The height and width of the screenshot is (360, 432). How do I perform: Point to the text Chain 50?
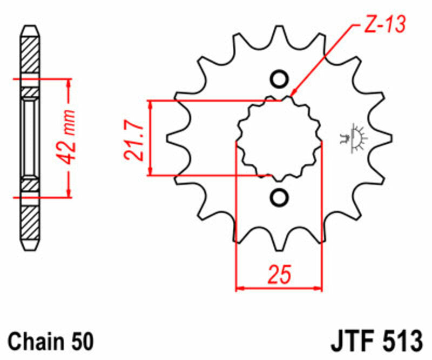coord(51,342)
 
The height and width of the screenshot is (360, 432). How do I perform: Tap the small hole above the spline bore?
coord(279,79)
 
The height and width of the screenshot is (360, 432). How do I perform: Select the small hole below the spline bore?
coord(279,197)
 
